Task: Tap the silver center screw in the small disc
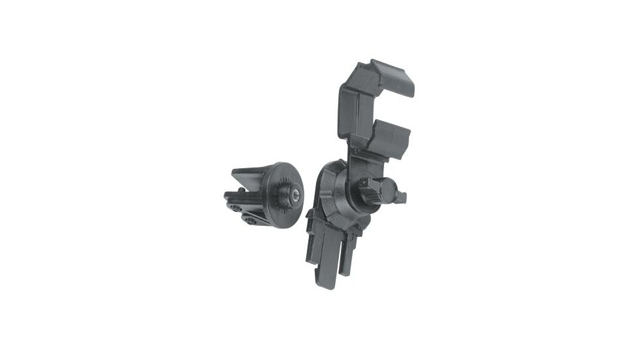tap(296, 194)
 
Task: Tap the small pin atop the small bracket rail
tap(242, 190)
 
